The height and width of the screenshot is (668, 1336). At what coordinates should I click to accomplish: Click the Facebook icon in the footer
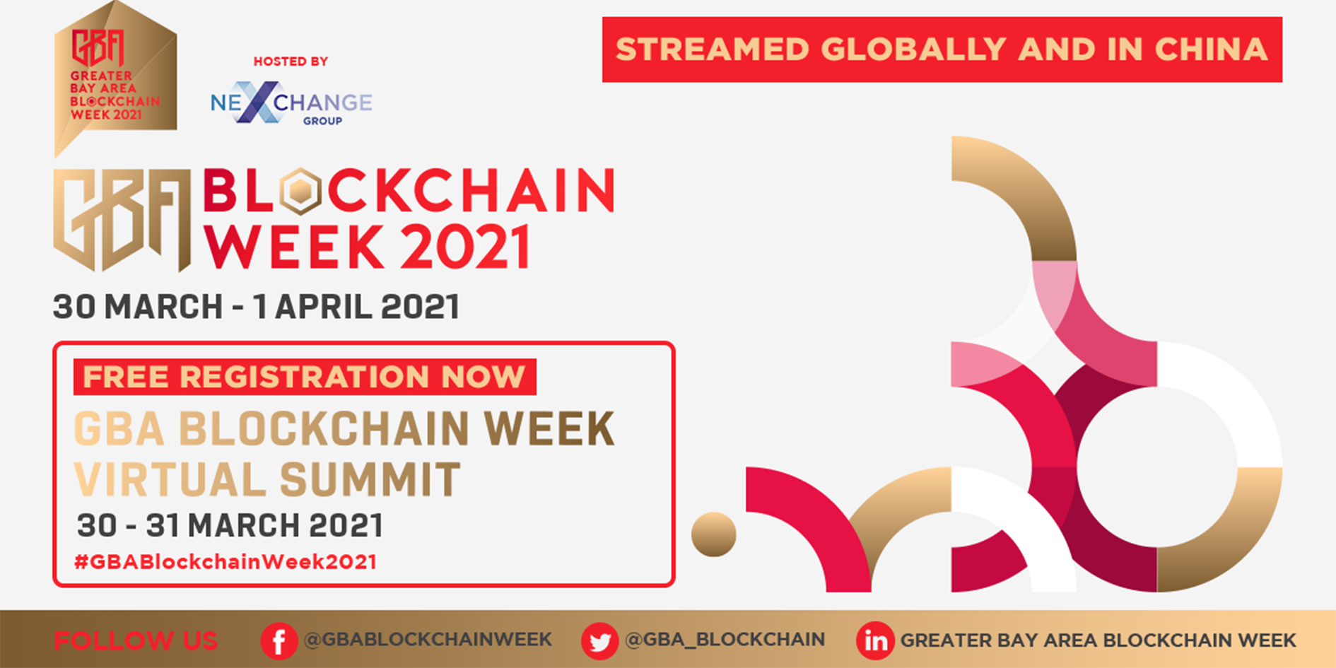279,641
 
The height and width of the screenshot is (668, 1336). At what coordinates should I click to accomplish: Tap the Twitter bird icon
599,641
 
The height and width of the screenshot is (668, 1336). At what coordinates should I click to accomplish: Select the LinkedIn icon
875,641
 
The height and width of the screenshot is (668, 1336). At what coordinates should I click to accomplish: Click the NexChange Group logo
291,104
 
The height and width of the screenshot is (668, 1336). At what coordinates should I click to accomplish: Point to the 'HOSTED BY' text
291,61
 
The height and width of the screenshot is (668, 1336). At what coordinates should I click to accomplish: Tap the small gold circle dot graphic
713,534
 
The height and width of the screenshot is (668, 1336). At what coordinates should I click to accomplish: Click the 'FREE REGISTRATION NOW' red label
305,377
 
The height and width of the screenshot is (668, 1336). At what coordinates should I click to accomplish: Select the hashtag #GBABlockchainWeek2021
225,562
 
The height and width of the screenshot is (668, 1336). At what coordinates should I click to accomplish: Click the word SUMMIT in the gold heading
370,479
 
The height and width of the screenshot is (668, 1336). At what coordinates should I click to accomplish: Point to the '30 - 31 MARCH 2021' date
230,525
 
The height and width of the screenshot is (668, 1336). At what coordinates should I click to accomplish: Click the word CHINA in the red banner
1210,49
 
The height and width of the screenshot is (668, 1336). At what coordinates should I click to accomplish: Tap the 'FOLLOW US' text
136,640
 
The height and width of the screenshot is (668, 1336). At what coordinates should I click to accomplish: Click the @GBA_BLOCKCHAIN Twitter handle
725,639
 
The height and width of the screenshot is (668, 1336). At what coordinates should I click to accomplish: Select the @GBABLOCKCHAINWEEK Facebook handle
427,639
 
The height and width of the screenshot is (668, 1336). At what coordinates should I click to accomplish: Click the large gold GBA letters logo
122,219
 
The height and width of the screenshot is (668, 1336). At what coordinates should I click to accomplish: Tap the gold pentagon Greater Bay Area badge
115,78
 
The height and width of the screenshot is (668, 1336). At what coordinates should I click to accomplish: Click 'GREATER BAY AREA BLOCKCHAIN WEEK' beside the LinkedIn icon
1098,640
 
